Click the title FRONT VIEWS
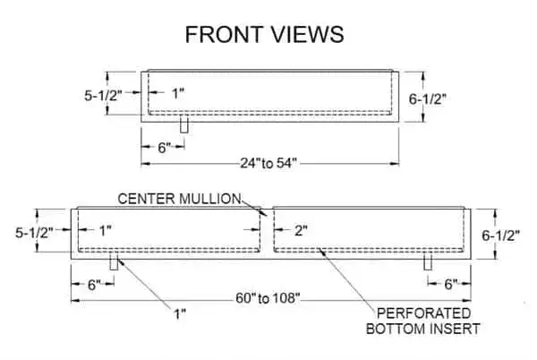264,35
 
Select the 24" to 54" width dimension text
268,163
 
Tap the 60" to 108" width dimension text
268,298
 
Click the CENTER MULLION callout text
179,199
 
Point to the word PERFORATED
423,313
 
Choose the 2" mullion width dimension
301,231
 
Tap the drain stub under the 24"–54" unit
184,125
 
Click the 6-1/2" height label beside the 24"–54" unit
428,99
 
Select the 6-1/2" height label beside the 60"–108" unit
500,236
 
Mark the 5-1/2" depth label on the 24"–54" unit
104,96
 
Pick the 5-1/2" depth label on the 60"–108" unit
34,233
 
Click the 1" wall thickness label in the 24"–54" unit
178,93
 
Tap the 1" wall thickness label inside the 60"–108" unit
106,230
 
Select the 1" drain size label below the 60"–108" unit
180,313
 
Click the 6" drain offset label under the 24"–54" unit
164,148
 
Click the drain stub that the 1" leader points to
114,261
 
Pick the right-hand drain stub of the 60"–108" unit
428,261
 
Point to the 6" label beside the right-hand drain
451,284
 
